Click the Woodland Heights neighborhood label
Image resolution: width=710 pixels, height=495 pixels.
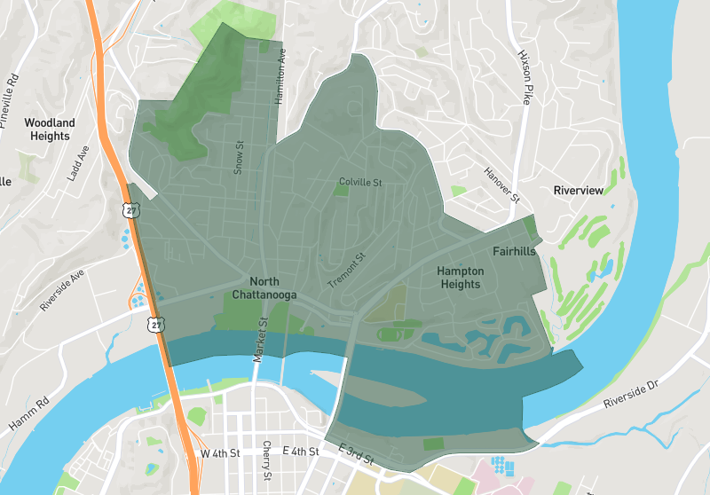point(50,130)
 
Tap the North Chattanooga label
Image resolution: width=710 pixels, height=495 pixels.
point(264,288)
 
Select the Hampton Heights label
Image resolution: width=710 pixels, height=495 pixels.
point(460,278)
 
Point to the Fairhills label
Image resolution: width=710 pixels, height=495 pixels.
point(515,252)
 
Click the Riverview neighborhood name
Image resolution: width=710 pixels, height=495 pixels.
point(578,191)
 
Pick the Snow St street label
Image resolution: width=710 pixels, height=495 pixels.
point(238,157)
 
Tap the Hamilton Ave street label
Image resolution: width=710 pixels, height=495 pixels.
point(281,76)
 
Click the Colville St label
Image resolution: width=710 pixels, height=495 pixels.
point(359,183)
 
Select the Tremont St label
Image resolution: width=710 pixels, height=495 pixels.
point(347,271)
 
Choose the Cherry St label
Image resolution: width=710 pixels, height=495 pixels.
point(266,462)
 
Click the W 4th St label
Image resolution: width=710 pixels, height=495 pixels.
point(220,453)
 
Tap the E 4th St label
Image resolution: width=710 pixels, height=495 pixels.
point(300,452)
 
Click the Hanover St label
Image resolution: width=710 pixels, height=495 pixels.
point(500,185)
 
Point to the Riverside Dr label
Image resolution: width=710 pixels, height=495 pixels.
point(633,395)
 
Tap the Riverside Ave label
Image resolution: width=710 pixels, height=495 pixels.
point(61,289)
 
